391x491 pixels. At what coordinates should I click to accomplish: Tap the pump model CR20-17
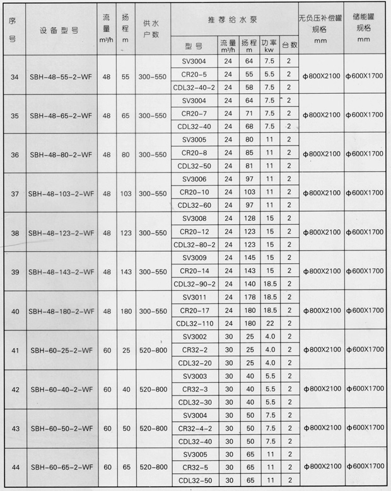tap(194, 311)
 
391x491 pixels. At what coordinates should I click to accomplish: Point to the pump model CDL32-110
tap(194, 324)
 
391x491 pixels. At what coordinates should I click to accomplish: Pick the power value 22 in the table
tap(269, 324)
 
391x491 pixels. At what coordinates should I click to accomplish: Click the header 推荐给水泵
tap(234, 20)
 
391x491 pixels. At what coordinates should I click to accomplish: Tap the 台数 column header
tap(289, 45)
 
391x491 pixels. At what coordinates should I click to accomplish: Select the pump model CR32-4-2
tap(194, 428)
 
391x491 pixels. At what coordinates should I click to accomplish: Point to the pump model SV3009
tap(194, 258)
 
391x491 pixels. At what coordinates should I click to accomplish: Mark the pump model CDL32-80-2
tap(194, 245)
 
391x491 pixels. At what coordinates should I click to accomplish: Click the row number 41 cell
tap(15, 350)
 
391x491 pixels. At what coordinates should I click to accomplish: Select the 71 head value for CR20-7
tap(248, 113)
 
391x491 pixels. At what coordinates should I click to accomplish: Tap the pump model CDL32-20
tap(194, 363)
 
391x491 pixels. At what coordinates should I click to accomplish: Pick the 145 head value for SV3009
tap(248, 258)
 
